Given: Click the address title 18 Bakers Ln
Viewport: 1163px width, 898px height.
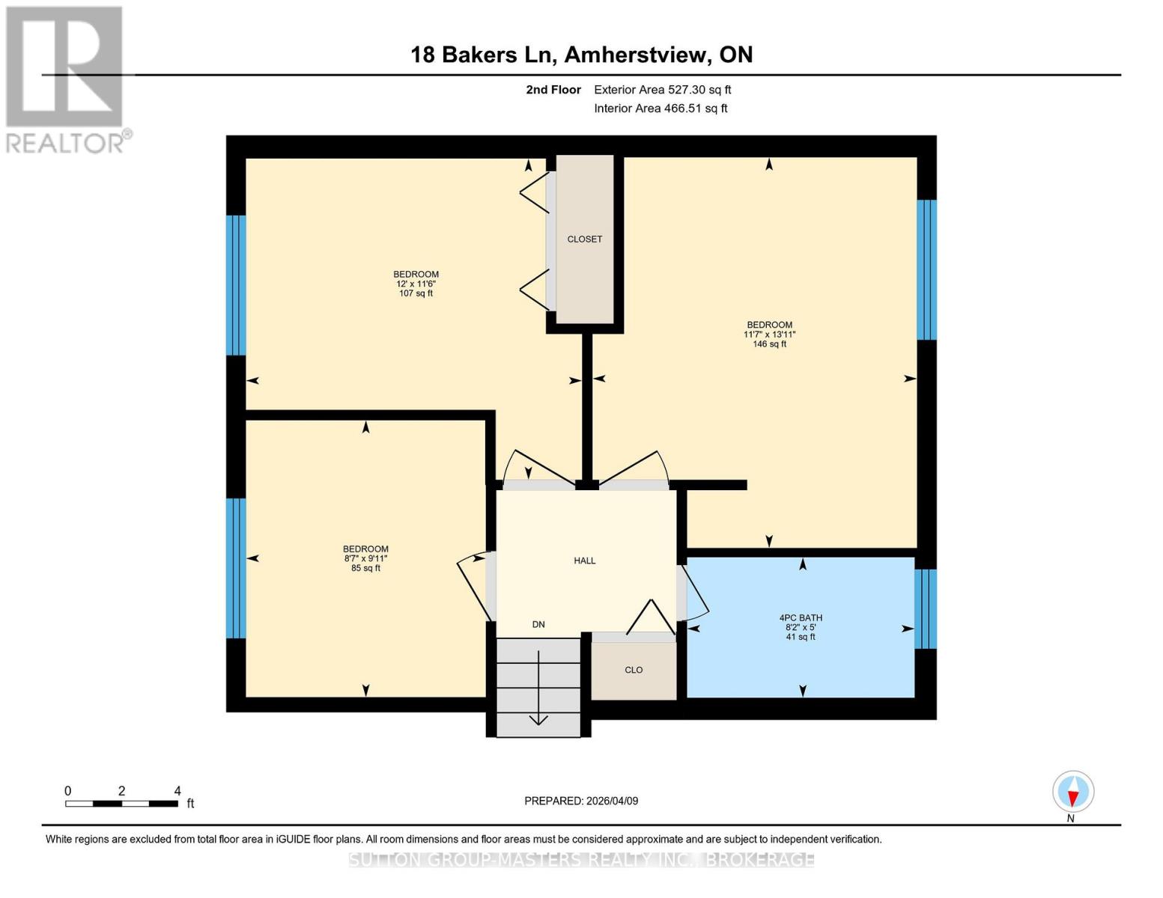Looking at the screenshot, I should (x=581, y=55).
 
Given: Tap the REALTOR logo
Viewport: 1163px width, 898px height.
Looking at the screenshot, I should (x=65, y=79).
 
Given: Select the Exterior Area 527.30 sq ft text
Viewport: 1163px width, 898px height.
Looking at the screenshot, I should (x=662, y=90).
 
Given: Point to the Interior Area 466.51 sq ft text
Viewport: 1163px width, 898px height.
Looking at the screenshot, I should (x=661, y=109).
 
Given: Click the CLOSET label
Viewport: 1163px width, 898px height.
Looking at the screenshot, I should (x=584, y=239).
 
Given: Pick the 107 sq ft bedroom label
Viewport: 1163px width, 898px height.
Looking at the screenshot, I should (x=416, y=284).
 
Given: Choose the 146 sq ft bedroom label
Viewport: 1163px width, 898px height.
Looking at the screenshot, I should (x=769, y=335).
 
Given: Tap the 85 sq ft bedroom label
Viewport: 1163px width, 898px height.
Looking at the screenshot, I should (x=365, y=558).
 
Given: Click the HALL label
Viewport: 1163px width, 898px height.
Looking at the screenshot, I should (x=584, y=561).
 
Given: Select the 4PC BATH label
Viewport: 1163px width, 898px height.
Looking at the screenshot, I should (x=801, y=627).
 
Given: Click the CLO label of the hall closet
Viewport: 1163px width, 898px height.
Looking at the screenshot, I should (x=634, y=670).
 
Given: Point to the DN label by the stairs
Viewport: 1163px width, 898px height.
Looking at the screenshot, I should (x=538, y=624).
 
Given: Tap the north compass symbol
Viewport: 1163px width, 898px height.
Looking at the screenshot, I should (x=1072, y=792).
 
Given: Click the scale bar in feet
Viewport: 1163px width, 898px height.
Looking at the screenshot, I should (x=121, y=804).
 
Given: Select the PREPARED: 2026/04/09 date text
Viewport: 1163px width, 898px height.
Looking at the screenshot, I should (x=581, y=801).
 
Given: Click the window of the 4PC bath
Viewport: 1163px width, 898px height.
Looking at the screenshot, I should (x=926, y=608).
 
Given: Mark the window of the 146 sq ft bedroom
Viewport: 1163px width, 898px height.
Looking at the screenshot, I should (x=926, y=269).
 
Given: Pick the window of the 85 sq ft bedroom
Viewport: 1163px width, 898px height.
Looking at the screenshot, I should (x=236, y=567).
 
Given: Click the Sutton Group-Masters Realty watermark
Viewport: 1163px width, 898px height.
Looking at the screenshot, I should (x=581, y=860).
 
